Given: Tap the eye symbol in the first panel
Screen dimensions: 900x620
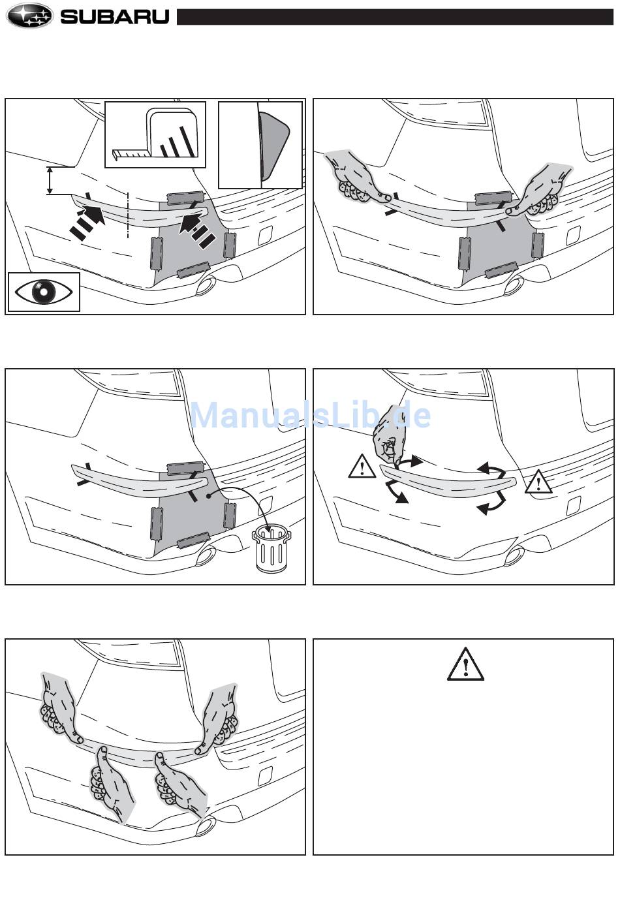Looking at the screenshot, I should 44,292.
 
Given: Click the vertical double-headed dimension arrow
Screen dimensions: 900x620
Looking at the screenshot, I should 50,180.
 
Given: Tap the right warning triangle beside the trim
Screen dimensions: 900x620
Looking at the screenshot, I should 538,482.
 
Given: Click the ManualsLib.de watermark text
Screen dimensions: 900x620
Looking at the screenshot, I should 310,415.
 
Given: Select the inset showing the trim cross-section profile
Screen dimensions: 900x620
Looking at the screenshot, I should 260,144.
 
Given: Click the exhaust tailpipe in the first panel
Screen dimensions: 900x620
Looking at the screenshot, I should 206,285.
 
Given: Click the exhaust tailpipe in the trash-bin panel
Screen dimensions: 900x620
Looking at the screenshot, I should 206,555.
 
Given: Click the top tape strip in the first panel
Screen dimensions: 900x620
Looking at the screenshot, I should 185,196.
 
